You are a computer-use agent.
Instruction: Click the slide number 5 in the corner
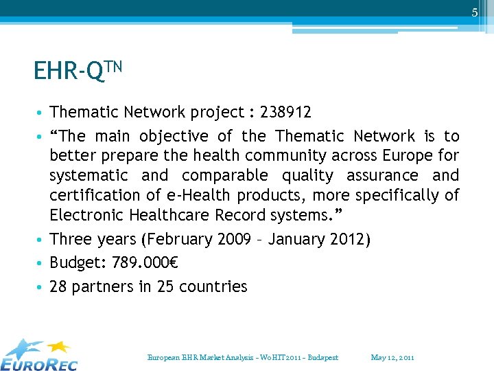474,12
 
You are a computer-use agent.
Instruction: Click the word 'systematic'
89,176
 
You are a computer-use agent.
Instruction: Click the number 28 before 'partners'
58,286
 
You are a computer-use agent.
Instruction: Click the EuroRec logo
40,355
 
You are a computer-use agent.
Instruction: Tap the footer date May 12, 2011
392,357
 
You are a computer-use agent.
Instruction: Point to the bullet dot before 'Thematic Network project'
42,113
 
